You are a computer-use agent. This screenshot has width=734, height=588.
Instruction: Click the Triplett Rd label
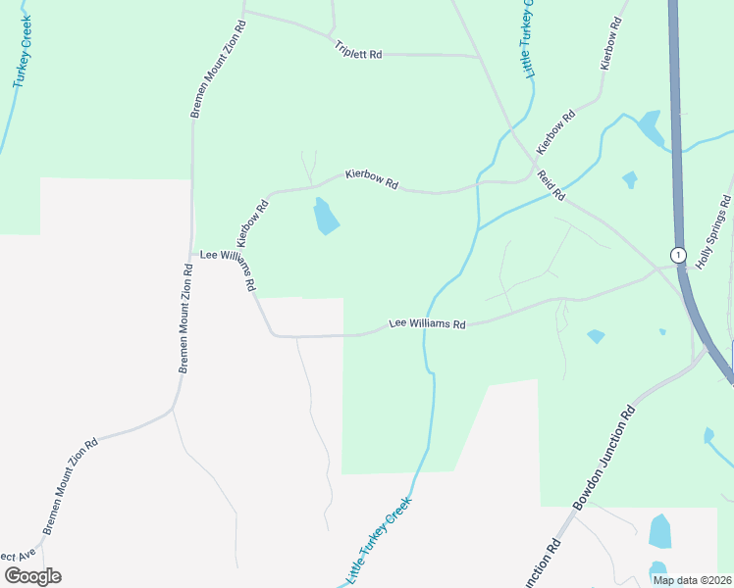point(357,50)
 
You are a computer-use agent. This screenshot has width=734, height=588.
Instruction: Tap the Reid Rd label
point(550,185)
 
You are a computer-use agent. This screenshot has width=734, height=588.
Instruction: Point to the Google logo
point(32,575)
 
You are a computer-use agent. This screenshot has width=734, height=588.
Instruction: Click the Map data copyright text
point(692,579)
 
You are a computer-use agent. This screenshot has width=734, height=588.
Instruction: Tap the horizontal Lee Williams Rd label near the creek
point(427,322)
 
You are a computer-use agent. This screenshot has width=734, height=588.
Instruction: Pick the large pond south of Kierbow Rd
point(325,217)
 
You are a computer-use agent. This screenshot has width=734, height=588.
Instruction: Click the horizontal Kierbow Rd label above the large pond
point(371,179)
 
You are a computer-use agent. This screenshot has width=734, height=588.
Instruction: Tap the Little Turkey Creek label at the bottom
point(378,536)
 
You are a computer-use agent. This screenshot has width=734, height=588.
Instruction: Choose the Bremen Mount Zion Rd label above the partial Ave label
point(70,486)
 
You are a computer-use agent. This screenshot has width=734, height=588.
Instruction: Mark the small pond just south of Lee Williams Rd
point(596,336)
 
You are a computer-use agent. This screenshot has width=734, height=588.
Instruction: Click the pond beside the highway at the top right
point(650,127)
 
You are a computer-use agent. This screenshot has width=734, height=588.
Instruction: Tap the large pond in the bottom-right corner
point(660,531)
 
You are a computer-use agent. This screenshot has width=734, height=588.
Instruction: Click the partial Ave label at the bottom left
point(18,555)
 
